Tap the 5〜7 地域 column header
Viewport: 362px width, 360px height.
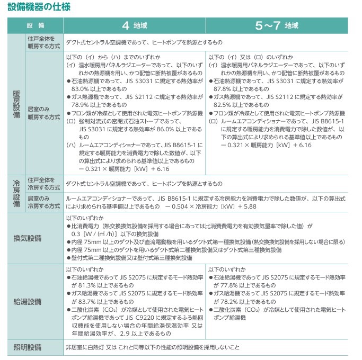(277, 25)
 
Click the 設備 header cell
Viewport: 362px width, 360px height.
(36, 25)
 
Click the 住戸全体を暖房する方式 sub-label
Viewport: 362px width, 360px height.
(43, 43)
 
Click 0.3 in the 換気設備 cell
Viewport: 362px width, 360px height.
(75, 233)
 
